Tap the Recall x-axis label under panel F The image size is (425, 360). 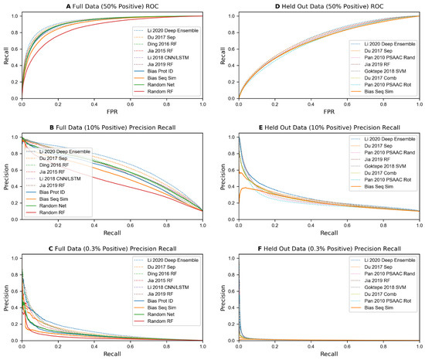pos(325,355)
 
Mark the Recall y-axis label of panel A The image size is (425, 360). pos(6,56)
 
